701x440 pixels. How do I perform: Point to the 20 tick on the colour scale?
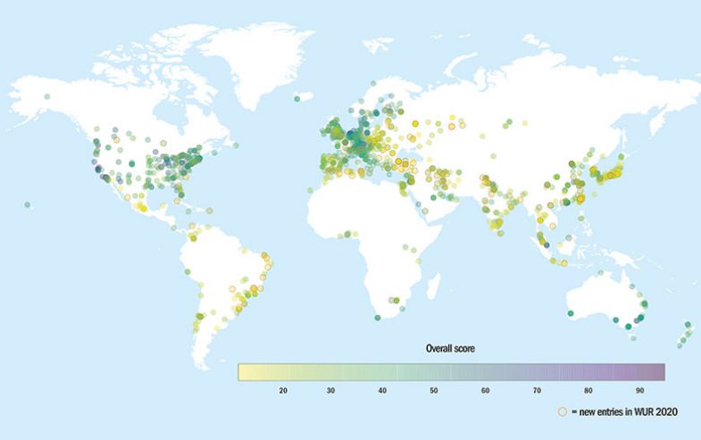point(283,391)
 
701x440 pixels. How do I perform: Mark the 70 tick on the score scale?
point(538,391)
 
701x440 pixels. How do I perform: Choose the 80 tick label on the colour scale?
point(588,391)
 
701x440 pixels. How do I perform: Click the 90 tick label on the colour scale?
point(639,391)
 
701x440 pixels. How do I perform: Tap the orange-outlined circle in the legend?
point(561,412)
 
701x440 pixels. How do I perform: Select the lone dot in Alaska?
point(46,96)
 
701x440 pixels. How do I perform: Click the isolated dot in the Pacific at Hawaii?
point(27,205)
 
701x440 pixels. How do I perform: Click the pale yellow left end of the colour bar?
point(243,372)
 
